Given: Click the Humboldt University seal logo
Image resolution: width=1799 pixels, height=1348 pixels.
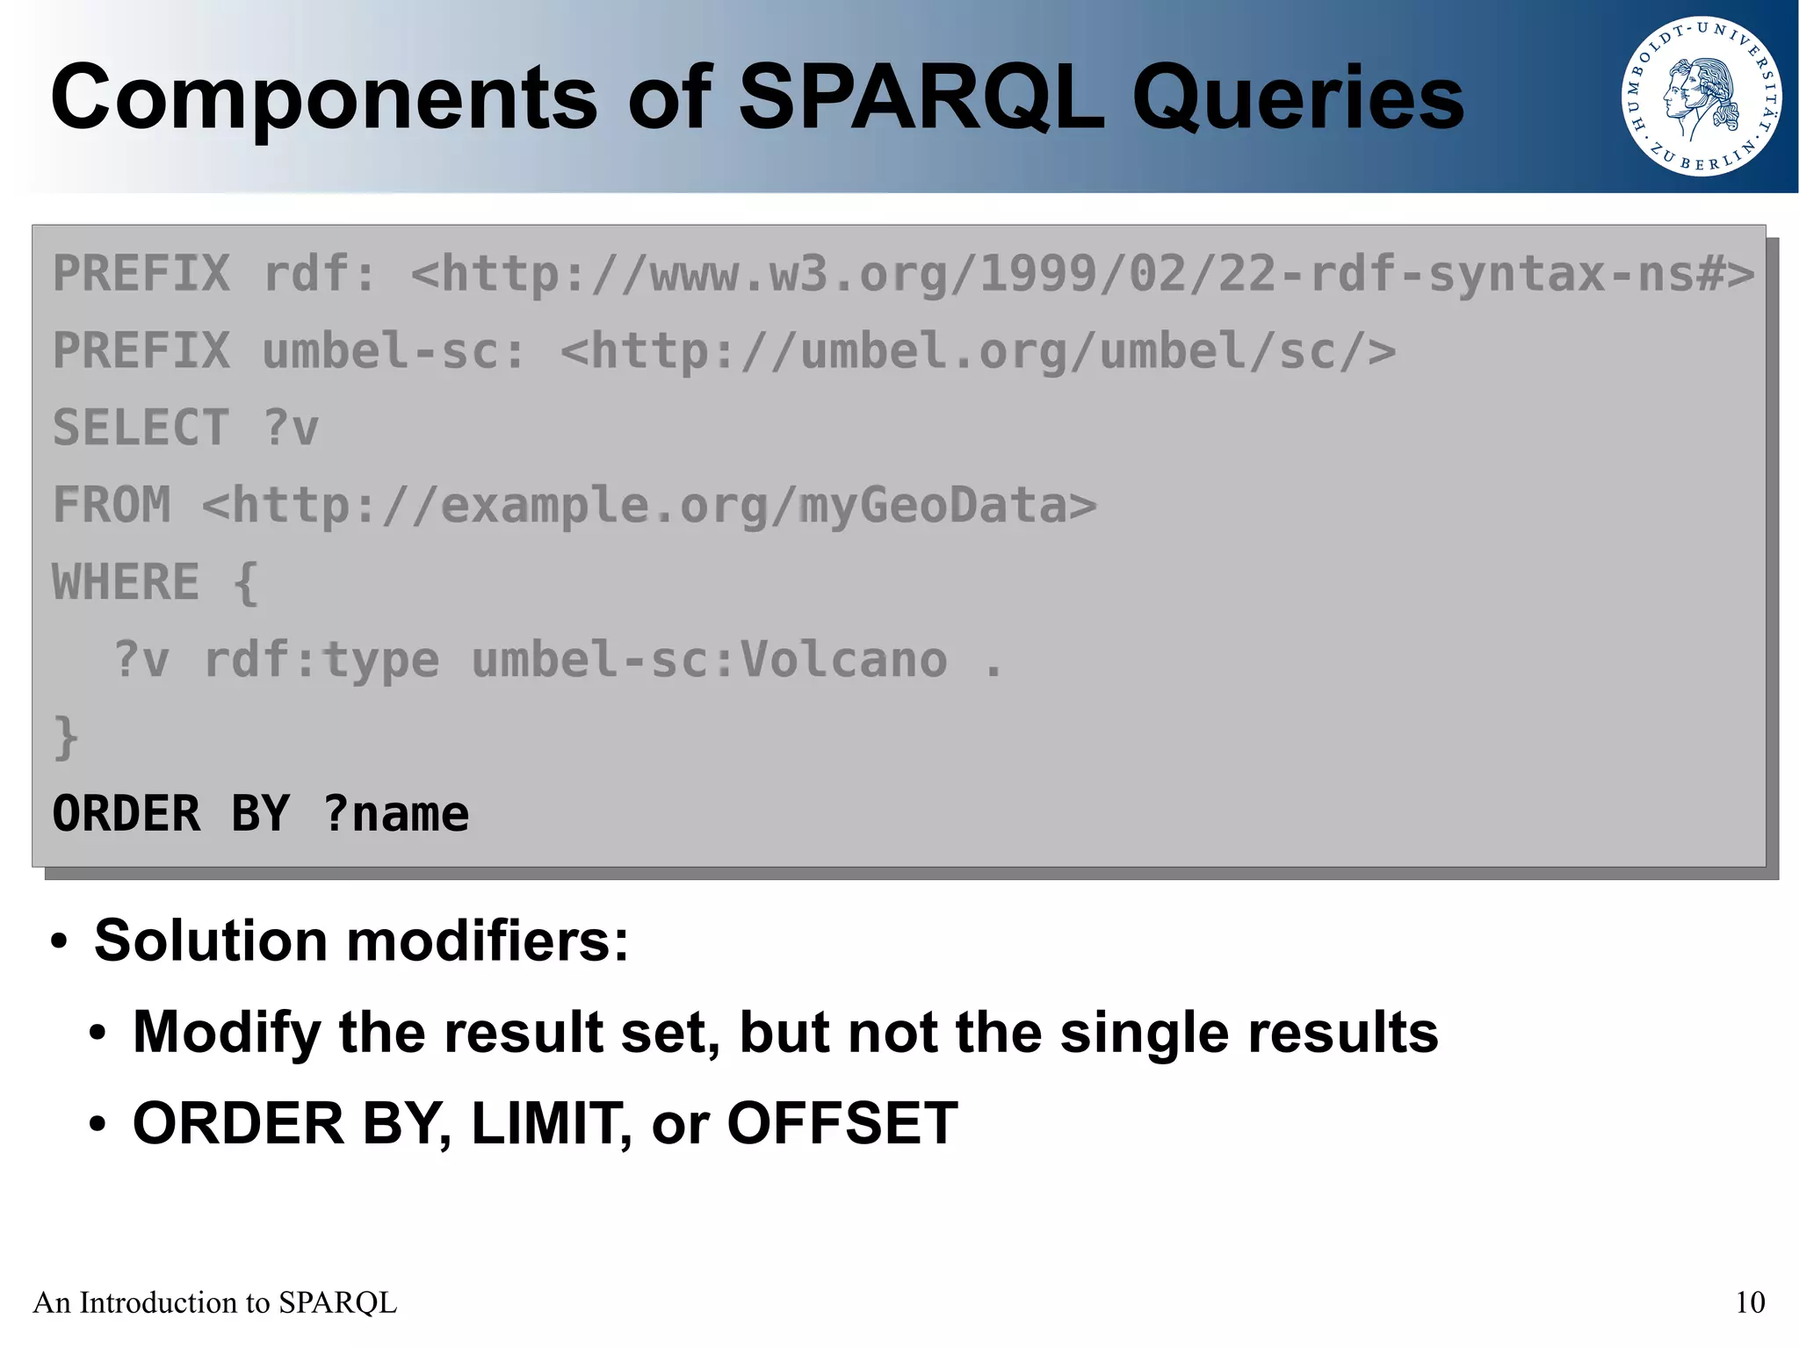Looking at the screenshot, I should click(1701, 97).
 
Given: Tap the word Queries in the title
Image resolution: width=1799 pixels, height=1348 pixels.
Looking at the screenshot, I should click(1297, 98).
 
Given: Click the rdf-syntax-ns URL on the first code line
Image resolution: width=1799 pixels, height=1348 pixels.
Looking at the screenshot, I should click(1082, 274).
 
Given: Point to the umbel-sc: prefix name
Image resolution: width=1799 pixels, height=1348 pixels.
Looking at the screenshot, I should click(394, 351).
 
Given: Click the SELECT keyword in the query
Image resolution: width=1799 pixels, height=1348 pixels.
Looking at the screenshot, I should click(141, 429).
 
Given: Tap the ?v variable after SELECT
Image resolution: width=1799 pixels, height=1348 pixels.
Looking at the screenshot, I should click(291, 429).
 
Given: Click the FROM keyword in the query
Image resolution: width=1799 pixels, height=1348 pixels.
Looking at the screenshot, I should click(112, 506).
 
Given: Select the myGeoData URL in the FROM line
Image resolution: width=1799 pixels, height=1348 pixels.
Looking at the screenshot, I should click(649, 506).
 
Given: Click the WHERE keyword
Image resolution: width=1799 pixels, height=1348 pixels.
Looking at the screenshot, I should click(126, 582).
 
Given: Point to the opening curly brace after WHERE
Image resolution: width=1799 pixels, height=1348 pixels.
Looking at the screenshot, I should click(246, 583).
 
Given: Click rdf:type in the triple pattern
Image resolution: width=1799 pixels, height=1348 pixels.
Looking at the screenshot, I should click(321, 660).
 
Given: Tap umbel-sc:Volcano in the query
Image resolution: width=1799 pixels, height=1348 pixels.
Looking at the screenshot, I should click(709, 660).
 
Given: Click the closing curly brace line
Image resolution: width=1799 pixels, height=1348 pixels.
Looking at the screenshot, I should click(66, 738).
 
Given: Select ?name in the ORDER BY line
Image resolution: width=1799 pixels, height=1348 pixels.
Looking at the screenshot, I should click(395, 814).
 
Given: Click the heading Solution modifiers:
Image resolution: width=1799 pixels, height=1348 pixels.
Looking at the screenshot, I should click(361, 941).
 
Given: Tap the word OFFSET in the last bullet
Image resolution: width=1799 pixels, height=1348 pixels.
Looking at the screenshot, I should click(842, 1123).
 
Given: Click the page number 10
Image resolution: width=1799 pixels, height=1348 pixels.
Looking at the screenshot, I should click(1750, 1302).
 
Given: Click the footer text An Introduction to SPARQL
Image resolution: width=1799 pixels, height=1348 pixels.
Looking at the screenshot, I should click(215, 1302).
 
